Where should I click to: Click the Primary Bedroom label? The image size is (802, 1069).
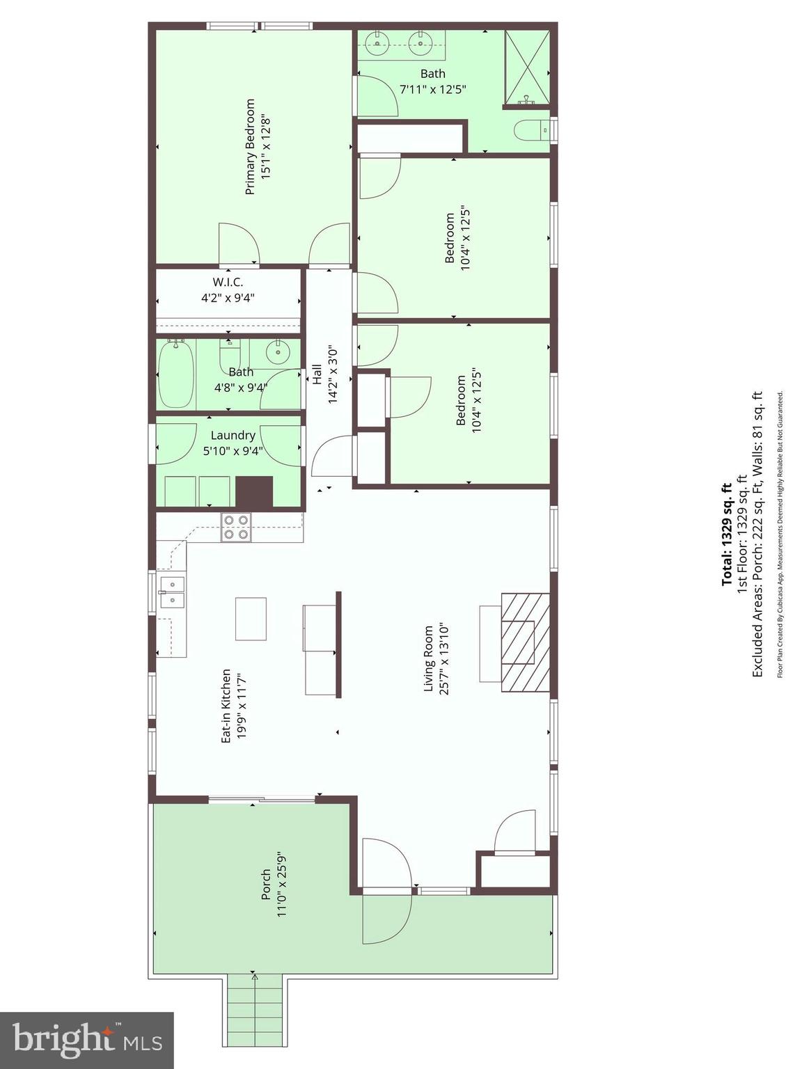(x=250, y=147)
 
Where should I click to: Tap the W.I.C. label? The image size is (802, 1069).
(x=228, y=282)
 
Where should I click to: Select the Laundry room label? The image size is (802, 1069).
(x=233, y=436)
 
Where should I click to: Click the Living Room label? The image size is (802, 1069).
(x=429, y=658)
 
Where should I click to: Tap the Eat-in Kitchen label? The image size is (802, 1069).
(x=226, y=706)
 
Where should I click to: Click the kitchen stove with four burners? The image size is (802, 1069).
(x=236, y=528)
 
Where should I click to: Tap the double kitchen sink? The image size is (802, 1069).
(x=173, y=592)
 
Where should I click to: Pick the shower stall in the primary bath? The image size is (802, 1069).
(x=527, y=68)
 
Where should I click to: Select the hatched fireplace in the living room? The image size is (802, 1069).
(x=526, y=642)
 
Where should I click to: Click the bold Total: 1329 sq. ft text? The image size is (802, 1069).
(x=727, y=534)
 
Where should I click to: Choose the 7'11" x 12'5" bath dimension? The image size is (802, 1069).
(x=433, y=90)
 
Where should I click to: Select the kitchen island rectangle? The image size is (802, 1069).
(x=251, y=619)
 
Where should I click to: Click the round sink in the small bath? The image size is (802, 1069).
(x=278, y=351)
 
